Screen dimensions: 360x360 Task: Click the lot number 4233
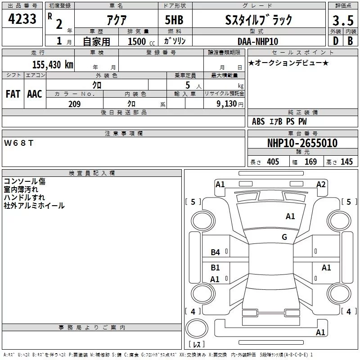[22, 19]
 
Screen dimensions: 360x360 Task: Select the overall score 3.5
[343, 20]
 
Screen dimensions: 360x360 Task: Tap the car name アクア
[117, 20]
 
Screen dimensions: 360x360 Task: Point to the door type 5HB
[174, 20]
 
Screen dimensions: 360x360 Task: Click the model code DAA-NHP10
[258, 41]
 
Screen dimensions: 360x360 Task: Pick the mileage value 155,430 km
[53, 65]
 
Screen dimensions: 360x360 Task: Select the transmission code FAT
[13, 94]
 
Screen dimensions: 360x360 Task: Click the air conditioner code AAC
[35, 94]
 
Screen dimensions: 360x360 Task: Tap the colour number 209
[74, 104]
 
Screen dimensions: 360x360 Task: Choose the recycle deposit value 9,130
[227, 104]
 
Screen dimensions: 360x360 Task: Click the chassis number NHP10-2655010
[302, 143]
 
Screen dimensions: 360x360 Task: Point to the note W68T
[18, 143]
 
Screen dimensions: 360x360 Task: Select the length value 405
[273, 162]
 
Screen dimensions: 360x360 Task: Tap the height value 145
[346, 162]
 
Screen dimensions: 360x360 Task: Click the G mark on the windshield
[284, 237]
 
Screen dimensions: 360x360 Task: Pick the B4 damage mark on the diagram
[215, 252]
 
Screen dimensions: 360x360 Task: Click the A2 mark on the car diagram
[321, 184]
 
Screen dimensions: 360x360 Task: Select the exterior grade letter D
[336, 41]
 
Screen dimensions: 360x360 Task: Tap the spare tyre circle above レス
[197, 328]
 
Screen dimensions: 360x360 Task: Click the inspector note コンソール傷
[25, 181]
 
